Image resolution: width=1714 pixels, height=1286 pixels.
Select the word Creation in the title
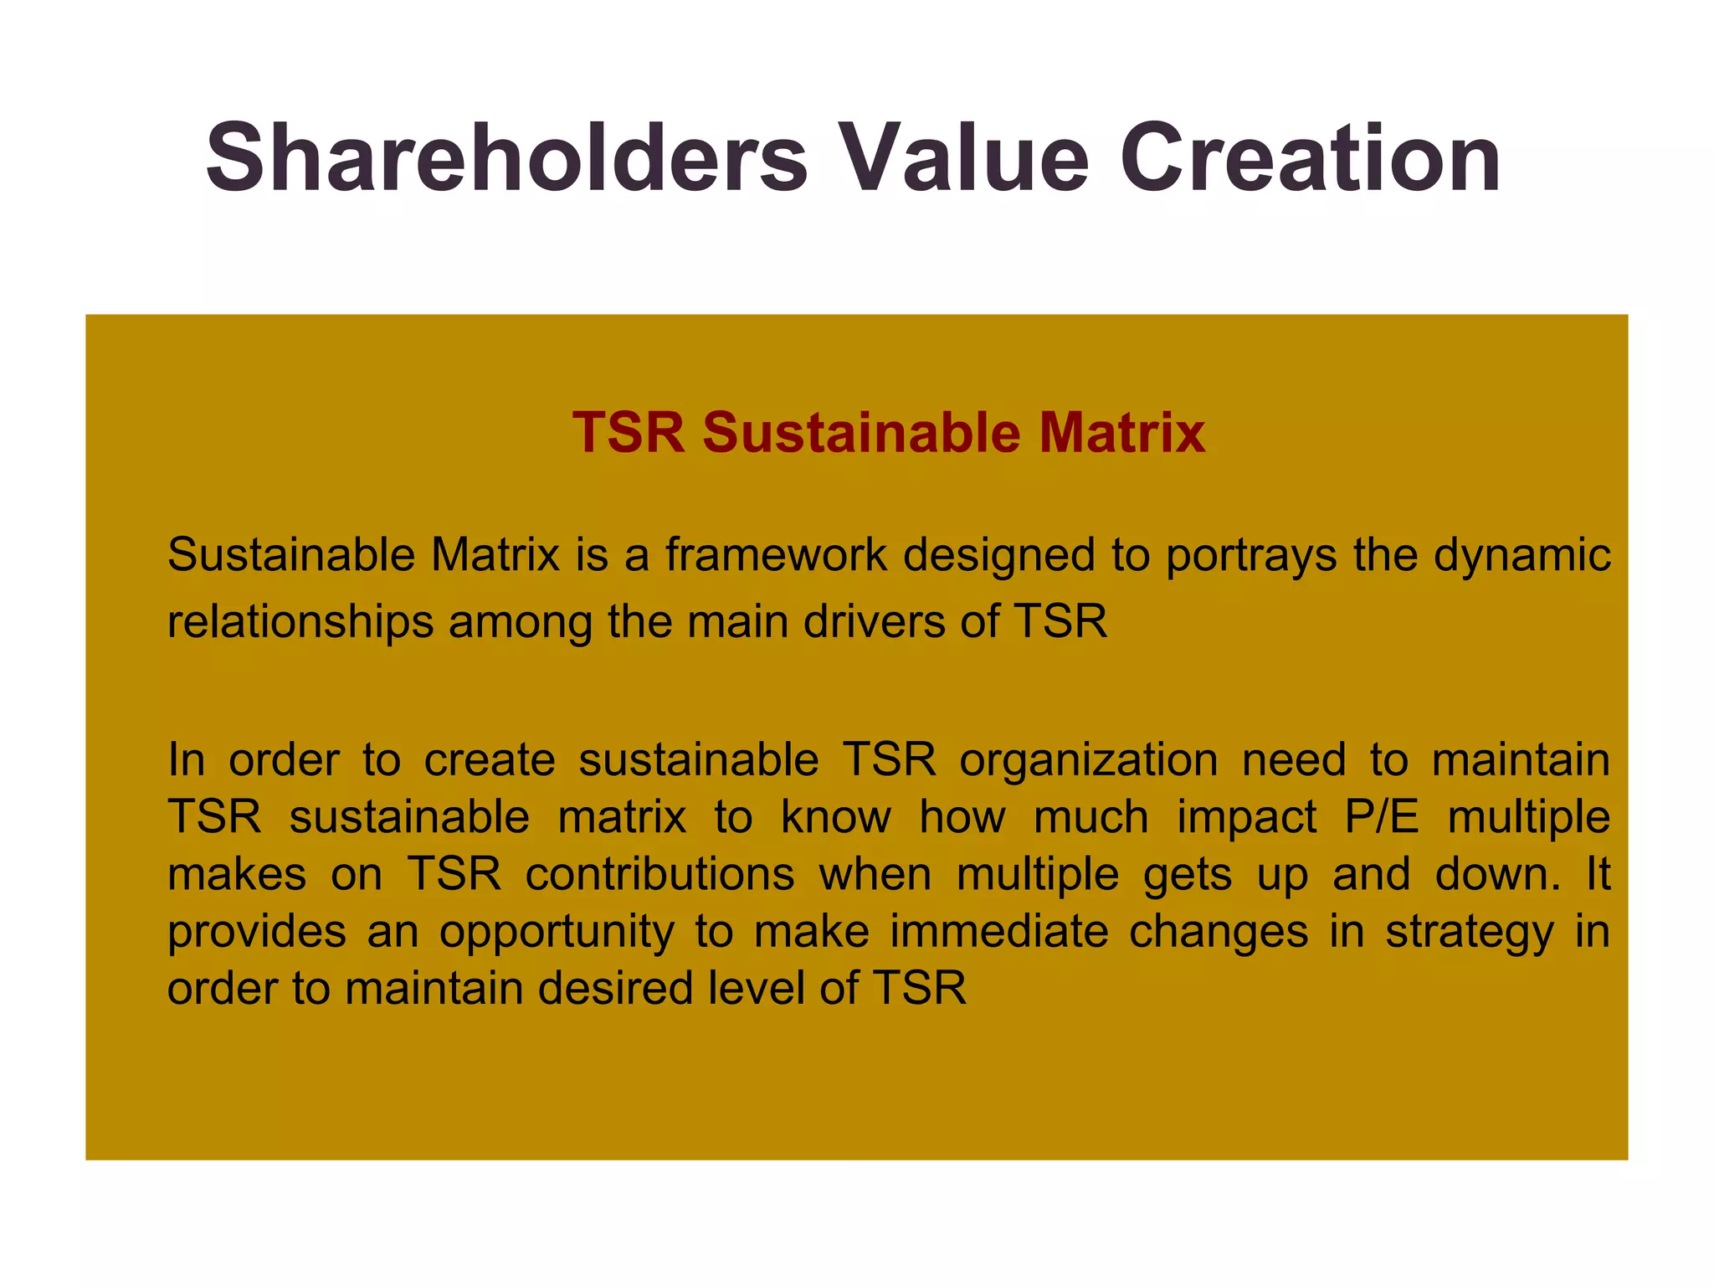[1311, 158]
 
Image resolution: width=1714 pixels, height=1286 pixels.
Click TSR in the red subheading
[629, 433]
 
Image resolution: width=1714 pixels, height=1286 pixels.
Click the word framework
[775, 555]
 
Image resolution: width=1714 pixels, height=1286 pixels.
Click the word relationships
[300, 623]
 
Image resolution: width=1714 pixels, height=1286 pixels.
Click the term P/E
[1382, 817]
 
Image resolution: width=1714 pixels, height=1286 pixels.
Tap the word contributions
[659, 874]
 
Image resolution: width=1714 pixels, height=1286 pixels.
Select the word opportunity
[557, 933]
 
